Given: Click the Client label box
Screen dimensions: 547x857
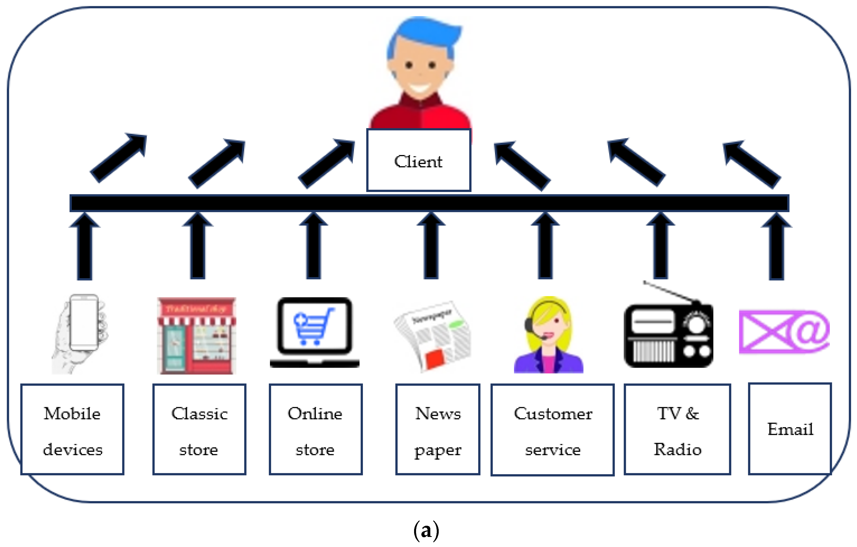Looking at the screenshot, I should tap(419, 160).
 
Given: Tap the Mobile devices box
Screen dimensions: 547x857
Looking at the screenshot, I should tap(72, 429).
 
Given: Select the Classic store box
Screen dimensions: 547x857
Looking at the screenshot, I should tap(199, 429).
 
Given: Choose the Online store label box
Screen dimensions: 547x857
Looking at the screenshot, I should tap(315, 429).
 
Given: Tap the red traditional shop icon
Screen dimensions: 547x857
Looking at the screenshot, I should tap(196, 335).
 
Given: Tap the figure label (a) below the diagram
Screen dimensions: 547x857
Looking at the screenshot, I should tap(426, 530).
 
